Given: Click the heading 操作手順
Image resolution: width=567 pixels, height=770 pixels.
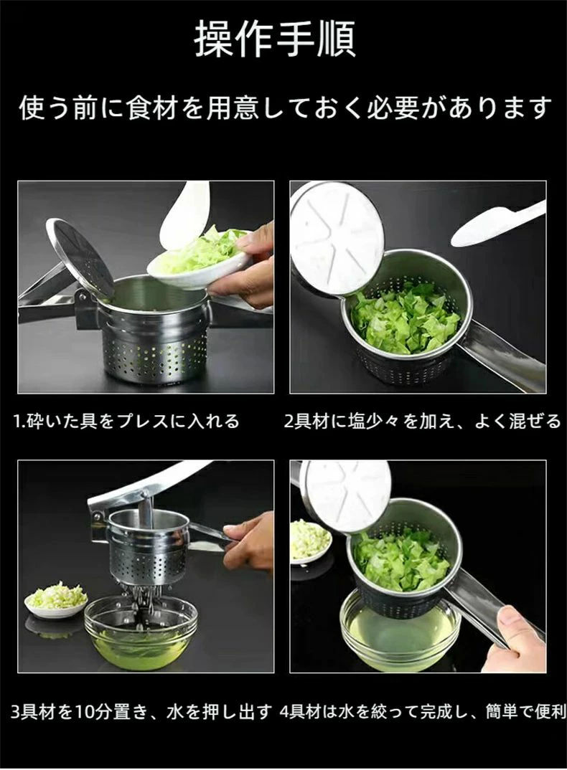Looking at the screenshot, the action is (275, 39).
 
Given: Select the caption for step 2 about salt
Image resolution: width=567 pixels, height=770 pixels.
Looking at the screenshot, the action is (423, 421).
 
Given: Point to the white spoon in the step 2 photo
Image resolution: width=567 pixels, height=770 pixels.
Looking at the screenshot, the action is (497, 224).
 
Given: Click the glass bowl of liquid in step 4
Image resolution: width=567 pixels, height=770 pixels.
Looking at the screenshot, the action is (401, 629).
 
